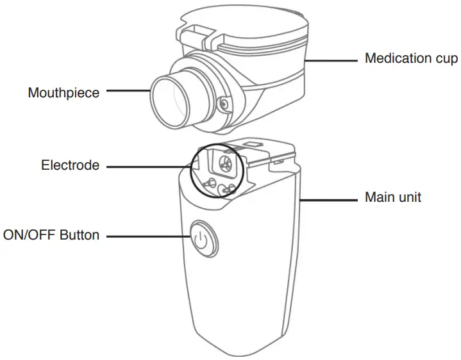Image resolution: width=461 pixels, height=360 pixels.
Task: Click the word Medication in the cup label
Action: pos(398,58)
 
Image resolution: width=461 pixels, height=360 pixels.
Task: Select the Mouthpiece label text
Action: pos(63,93)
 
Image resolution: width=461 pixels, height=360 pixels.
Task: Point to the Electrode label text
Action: pos(71,166)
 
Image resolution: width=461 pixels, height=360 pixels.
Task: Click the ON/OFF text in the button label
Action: pos(29,235)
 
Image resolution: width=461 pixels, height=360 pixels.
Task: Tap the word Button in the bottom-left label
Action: pos(80,235)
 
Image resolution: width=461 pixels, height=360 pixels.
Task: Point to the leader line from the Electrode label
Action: pos(147,167)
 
